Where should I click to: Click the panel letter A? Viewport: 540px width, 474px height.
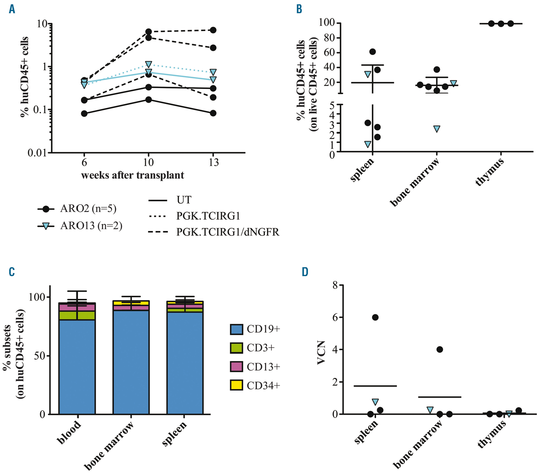12,9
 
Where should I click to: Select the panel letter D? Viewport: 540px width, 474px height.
305,272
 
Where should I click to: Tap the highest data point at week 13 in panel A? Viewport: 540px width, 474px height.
213,30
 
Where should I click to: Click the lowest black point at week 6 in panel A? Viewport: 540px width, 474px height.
84,113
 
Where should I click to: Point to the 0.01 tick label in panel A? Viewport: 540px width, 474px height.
37,153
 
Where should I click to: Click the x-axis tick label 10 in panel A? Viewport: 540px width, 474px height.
148,162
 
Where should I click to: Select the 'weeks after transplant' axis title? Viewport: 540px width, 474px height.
133,175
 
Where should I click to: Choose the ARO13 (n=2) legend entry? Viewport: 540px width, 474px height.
91,226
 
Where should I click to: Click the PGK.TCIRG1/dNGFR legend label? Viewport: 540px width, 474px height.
228,232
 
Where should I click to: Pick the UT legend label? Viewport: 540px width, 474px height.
184,200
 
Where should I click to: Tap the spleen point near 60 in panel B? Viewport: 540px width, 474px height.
373,52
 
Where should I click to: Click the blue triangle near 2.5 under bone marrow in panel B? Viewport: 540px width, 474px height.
437,129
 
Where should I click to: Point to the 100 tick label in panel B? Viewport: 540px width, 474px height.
327,22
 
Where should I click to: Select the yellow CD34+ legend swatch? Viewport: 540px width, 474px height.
236,385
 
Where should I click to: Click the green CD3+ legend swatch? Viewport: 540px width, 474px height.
236,348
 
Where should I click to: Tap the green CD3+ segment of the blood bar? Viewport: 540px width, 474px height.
77,315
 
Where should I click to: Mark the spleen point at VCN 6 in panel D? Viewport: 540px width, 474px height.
375,317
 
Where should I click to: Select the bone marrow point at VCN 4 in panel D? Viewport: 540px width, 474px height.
440,350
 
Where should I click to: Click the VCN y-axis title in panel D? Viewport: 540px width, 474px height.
321,352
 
